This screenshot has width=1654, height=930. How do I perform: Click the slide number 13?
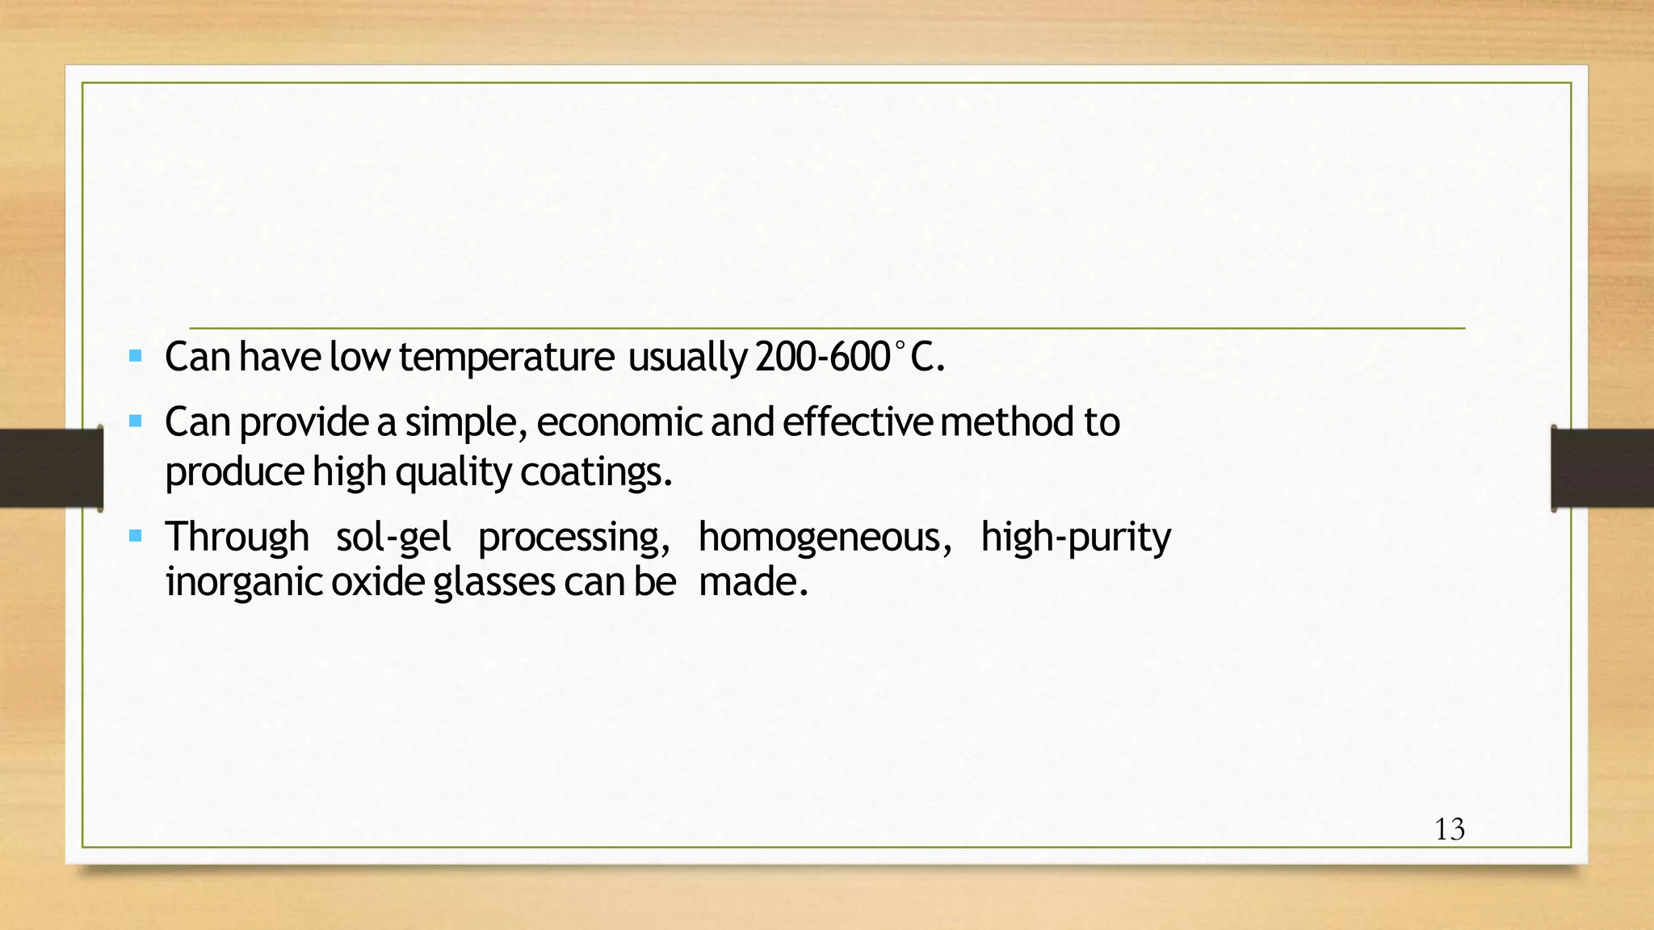coord(1450,830)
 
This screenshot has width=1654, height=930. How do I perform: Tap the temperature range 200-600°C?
coord(849,357)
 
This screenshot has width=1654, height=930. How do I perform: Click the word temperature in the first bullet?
coord(506,357)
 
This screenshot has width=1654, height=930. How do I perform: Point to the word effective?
coord(857,422)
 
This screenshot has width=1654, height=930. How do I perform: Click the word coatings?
coord(595,471)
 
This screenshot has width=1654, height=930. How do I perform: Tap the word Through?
coord(237,538)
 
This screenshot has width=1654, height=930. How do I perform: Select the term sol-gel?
coord(393,538)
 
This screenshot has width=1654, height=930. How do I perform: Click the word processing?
coord(573,538)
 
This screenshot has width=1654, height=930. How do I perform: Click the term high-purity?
coord(1075,538)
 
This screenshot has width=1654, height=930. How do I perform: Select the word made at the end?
coord(752,582)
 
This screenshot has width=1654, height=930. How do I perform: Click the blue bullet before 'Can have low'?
coord(136,355)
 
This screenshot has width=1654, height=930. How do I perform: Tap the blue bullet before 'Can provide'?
coord(136,421)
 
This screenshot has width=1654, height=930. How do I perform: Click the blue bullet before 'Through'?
coord(136,535)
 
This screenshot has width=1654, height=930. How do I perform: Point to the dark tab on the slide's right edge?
coord(1602,468)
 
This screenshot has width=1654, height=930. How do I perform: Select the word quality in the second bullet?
coord(453,471)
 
